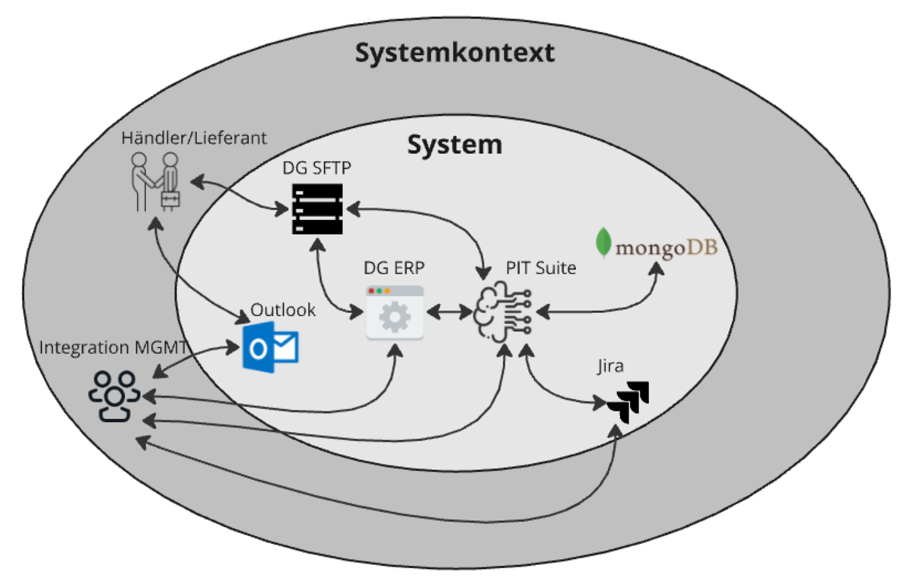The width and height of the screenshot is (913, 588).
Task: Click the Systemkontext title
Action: [x=454, y=53]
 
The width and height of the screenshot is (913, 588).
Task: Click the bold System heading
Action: [x=454, y=144]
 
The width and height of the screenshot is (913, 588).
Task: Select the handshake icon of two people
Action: [x=155, y=181]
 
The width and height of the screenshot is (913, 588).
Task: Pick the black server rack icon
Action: [x=317, y=209]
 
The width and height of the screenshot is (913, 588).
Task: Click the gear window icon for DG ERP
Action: [x=394, y=312]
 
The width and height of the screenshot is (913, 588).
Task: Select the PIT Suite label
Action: [x=541, y=268]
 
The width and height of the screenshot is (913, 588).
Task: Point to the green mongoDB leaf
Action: [x=604, y=242]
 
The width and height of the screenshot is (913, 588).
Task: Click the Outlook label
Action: [x=283, y=311]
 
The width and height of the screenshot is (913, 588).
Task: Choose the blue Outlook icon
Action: [x=270, y=347]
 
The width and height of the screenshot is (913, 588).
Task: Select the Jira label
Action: [x=609, y=367]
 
